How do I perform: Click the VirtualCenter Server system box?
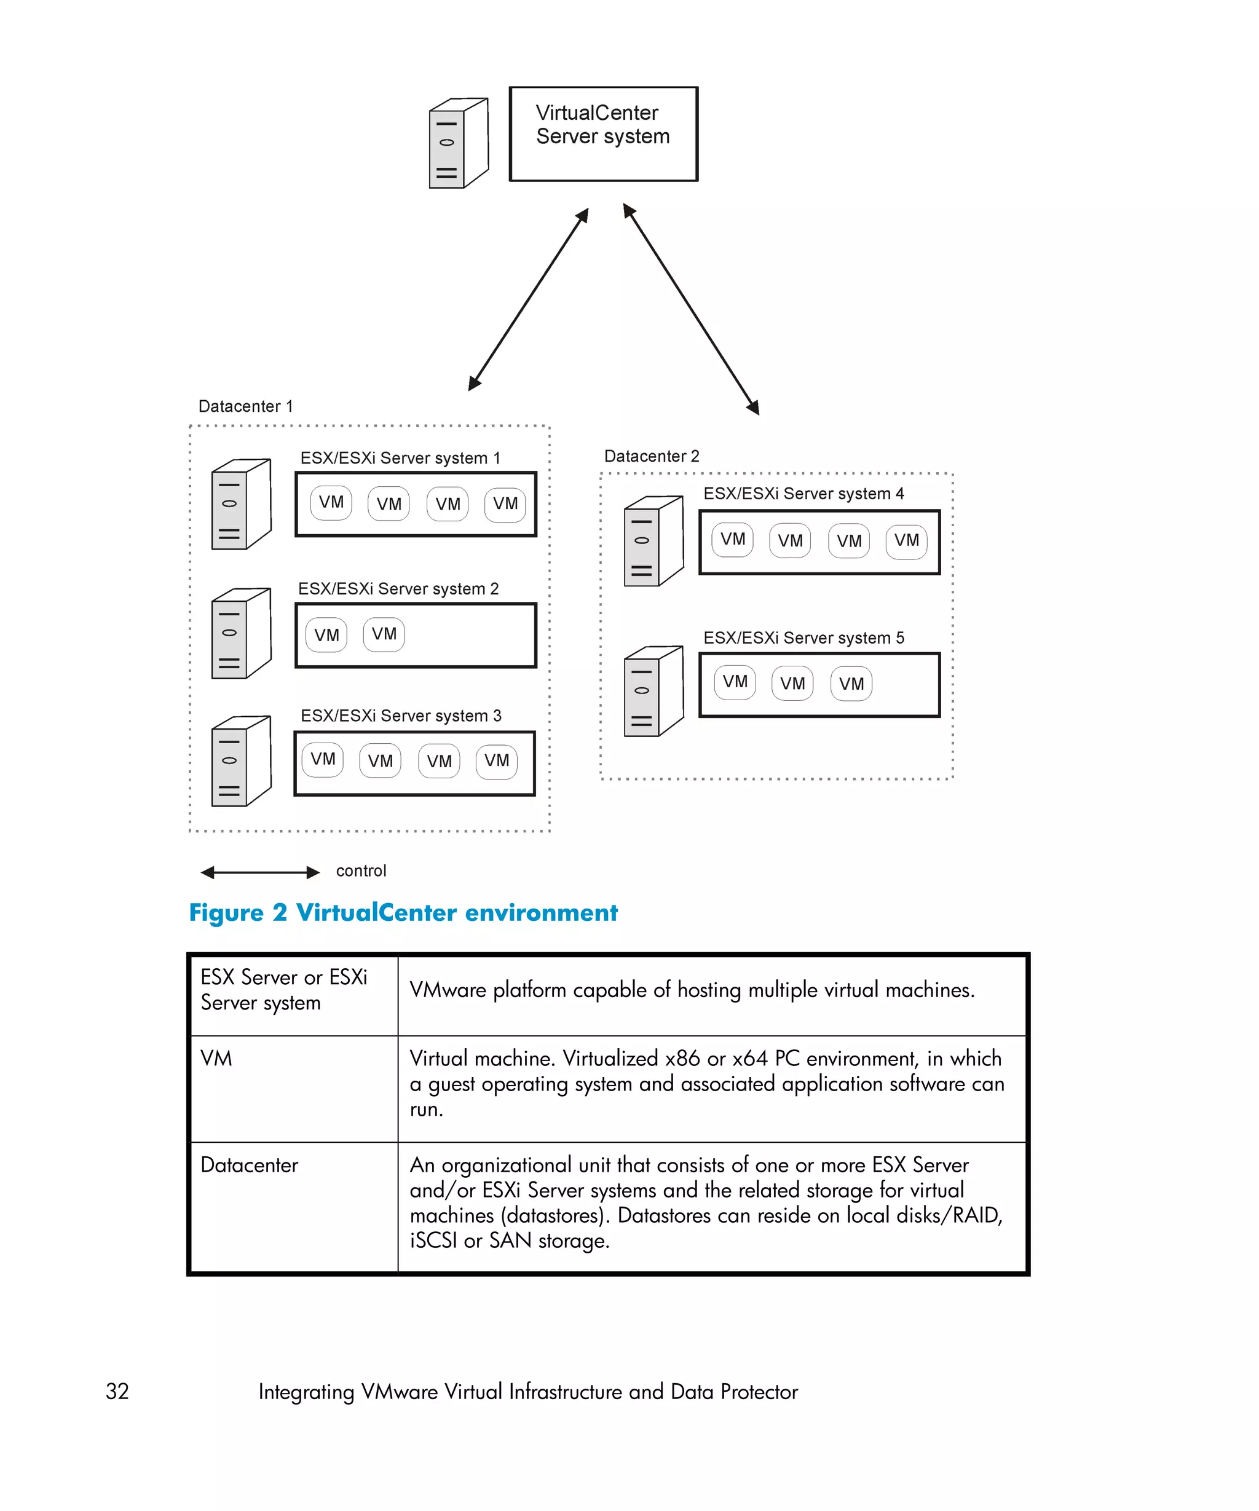click(603, 134)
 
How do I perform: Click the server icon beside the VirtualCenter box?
click(458, 143)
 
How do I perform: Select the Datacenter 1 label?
click(245, 406)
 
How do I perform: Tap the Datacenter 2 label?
click(651, 456)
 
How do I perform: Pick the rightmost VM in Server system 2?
click(384, 634)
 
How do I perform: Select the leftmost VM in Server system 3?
click(322, 759)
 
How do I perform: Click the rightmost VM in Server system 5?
click(851, 684)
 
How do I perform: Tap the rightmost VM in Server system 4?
click(906, 540)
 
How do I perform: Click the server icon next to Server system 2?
click(241, 633)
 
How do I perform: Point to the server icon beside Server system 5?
click(653, 691)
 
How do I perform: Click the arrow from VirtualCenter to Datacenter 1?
click(529, 299)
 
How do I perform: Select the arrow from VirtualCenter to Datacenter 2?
click(690, 309)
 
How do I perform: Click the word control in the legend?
click(361, 870)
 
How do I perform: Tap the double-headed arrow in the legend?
click(259, 872)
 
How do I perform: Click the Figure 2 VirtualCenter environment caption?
click(403, 912)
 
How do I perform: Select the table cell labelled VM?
click(216, 1059)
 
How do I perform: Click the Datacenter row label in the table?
click(249, 1165)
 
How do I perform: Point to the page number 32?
click(117, 1391)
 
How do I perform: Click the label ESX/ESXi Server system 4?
click(803, 494)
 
